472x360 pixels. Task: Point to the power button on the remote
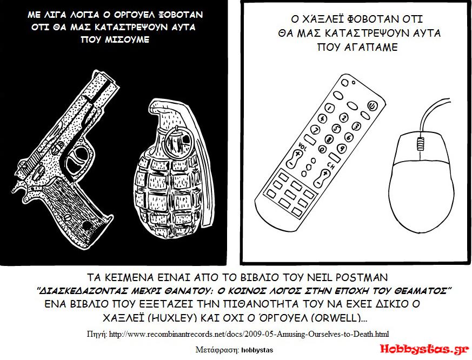click(373, 105)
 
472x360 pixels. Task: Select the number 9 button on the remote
click(342, 148)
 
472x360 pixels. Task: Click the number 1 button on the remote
click(330, 108)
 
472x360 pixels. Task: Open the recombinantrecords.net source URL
click(249, 334)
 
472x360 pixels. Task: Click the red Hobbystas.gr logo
click(424, 349)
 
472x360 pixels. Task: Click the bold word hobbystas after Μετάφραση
click(257, 350)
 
